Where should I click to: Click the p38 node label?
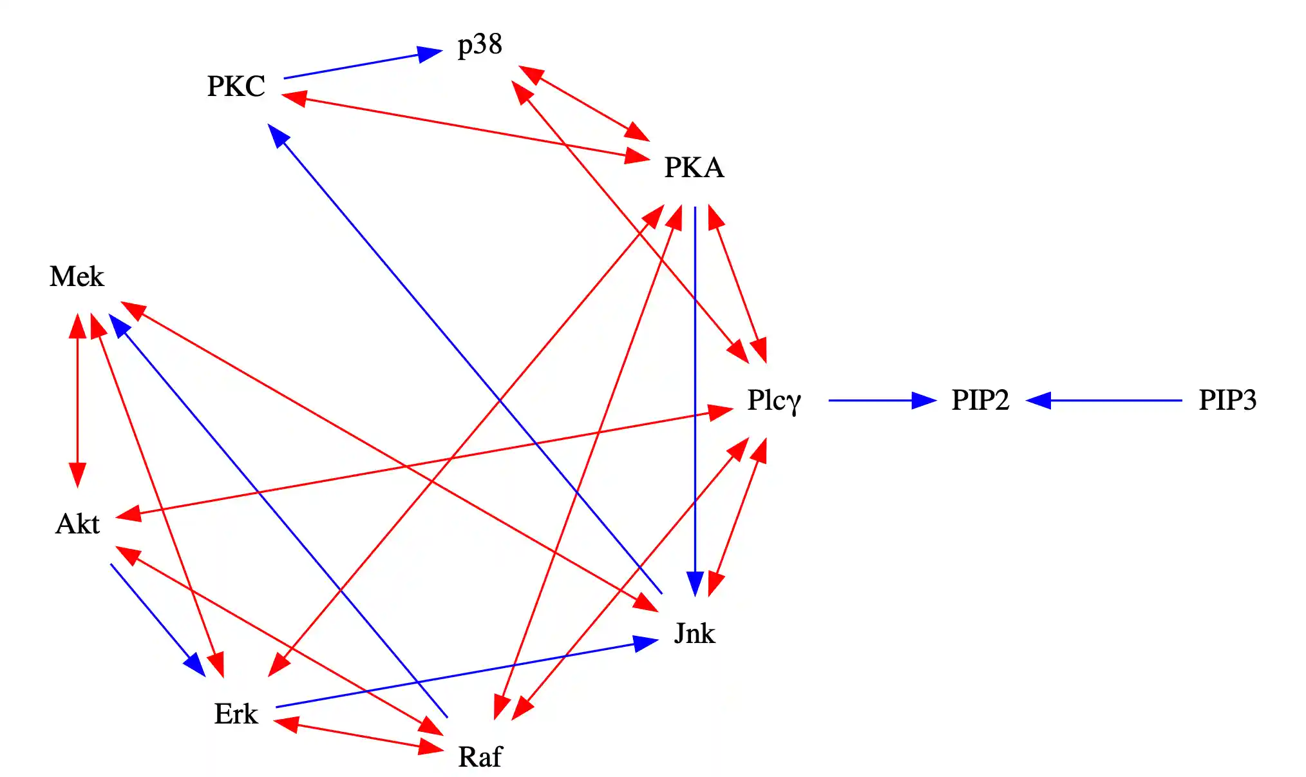pos(480,45)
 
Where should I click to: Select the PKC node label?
pos(236,86)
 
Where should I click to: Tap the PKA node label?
pos(694,168)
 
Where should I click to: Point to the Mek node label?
pos(77,276)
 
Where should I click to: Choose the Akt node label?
pos(77,524)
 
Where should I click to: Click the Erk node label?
pos(236,714)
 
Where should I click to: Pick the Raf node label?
pos(480,756)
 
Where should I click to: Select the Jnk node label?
pos(694,633)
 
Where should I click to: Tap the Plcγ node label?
pos(774,400)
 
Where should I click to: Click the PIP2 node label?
pos(980,400)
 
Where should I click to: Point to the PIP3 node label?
pos(1227,400)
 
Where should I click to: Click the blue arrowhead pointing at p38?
pos(430,53)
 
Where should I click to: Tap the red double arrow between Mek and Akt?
pos(77,400)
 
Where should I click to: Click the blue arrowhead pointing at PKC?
pos(278,135)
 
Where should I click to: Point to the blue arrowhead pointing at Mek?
pos(119,325)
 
